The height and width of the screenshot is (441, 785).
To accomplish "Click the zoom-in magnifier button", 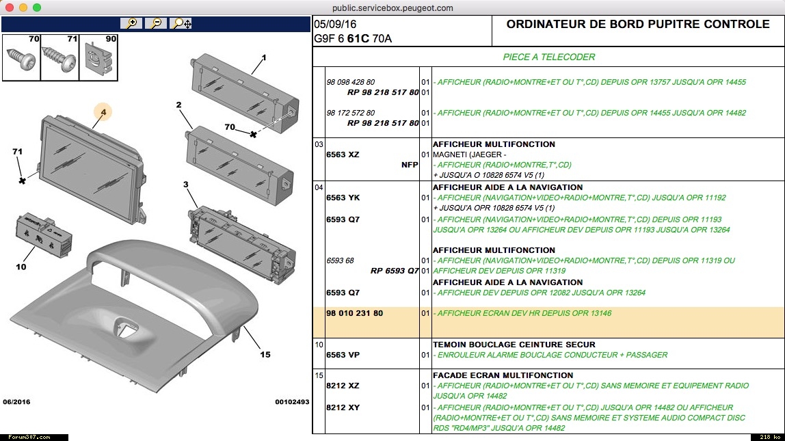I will (131, 23).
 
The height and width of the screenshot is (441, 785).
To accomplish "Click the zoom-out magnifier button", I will (157, 23).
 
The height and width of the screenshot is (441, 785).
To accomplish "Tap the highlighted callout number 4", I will (103, 112).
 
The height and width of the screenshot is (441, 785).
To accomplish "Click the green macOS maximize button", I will (37, 8).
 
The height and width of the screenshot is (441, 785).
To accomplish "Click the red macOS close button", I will (10, 8).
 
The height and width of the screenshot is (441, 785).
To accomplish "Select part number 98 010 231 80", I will (355, 314).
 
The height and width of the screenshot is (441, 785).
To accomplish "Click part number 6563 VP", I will (343, 355).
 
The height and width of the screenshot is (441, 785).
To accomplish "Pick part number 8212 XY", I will (343, 407).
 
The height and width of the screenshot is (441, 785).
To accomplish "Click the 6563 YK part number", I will (343, 198).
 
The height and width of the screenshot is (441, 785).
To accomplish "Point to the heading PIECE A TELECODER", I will (549, 57).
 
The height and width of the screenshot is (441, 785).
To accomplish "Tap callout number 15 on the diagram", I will (265, 354).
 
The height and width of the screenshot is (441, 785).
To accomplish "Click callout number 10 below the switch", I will (21, 266).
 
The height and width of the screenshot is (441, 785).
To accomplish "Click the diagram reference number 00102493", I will (292, 402).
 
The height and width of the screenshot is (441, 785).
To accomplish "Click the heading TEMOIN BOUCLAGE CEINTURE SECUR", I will (514, 345).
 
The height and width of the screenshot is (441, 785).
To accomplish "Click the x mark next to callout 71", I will (23, 181).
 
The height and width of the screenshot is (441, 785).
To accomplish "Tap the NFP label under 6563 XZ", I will (410, 165).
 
